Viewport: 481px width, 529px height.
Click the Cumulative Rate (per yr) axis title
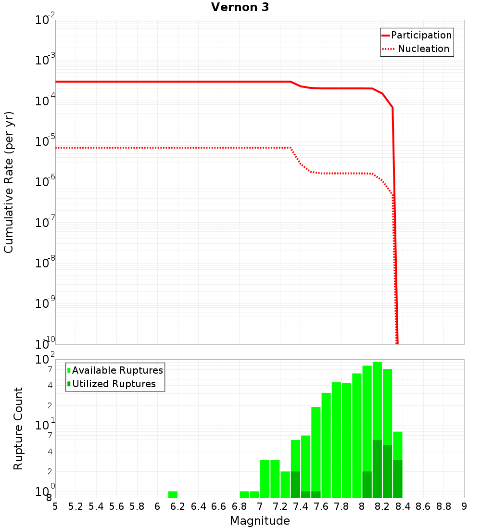pos(9,182)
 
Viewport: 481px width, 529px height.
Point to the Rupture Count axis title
pos(18,428)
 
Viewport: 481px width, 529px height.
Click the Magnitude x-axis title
pos(260,521)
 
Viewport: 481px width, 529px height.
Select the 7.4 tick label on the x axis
pos(301,506)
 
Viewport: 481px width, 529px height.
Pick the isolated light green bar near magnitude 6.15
pos(173,494)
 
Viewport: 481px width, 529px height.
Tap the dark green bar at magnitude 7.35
pos(295,484)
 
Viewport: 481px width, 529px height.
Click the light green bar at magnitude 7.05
pos(265,479)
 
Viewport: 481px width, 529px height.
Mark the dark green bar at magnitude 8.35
pos(398,479)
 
